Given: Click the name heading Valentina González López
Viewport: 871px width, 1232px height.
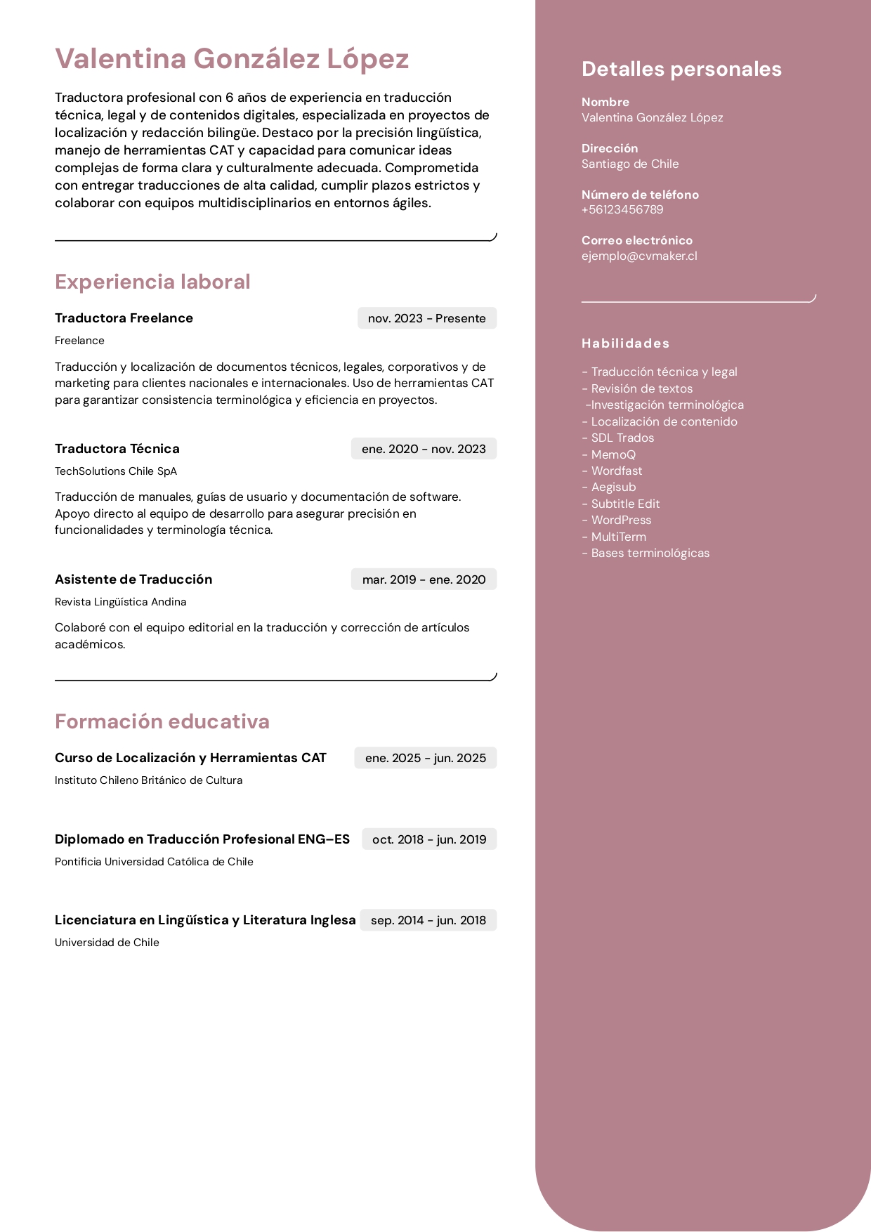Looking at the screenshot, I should pyautogui.click(x=232, y=59).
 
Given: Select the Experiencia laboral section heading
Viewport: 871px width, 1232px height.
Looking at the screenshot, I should pyautogui.click(x=152, y=282).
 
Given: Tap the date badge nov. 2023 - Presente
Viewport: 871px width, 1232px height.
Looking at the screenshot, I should pyautogui.click(x=426, y=318).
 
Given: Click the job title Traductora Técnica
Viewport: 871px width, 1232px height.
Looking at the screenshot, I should pyautogui.click(x=117, y=449).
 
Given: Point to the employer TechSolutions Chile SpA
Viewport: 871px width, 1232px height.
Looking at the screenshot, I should pyautogui.click(x=116, y=471).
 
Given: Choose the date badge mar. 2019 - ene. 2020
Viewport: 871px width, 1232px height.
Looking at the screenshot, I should pyautogui.click(x=424, y=579).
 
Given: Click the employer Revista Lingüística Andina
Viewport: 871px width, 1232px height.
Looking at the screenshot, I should pyautogui.click(x=121, y=602).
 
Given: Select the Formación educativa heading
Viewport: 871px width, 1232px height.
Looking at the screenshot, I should pyautogui.click(x=162, y=721).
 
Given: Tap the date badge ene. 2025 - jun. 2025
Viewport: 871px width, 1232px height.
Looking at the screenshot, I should pyautogui.click(x=425, y=758).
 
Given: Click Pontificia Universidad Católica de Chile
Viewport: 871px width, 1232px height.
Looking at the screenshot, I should pyautogui.click(x=154, y=862).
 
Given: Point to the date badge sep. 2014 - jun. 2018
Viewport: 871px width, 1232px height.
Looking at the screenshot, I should pyautogui.click(x=428, y=920).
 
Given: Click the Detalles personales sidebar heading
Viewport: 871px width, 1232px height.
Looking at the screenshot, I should pyautogui.click(x=681, y=69).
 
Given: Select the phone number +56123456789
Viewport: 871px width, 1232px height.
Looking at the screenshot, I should pyautogui.click(x=622, y=210).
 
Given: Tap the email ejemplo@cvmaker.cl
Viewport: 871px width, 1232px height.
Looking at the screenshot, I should pyautogui.click(x=639, y=256).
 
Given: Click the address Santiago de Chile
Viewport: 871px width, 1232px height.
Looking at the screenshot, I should pyautogui.click(x=630, y=164).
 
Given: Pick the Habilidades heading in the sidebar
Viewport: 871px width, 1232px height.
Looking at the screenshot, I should pyautogui.click(x=625, y=343).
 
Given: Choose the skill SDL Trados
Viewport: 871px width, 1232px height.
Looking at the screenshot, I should pyautogui.click(x=622, y=438).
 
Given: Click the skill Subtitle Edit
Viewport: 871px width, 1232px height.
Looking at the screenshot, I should pyautogui.click(x=625, y=504).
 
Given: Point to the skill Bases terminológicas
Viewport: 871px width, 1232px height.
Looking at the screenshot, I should pyautogui.click(x=650, y=553).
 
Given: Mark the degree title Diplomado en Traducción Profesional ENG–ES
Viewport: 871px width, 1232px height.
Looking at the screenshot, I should pyautogui.click(x=202, y=839).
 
